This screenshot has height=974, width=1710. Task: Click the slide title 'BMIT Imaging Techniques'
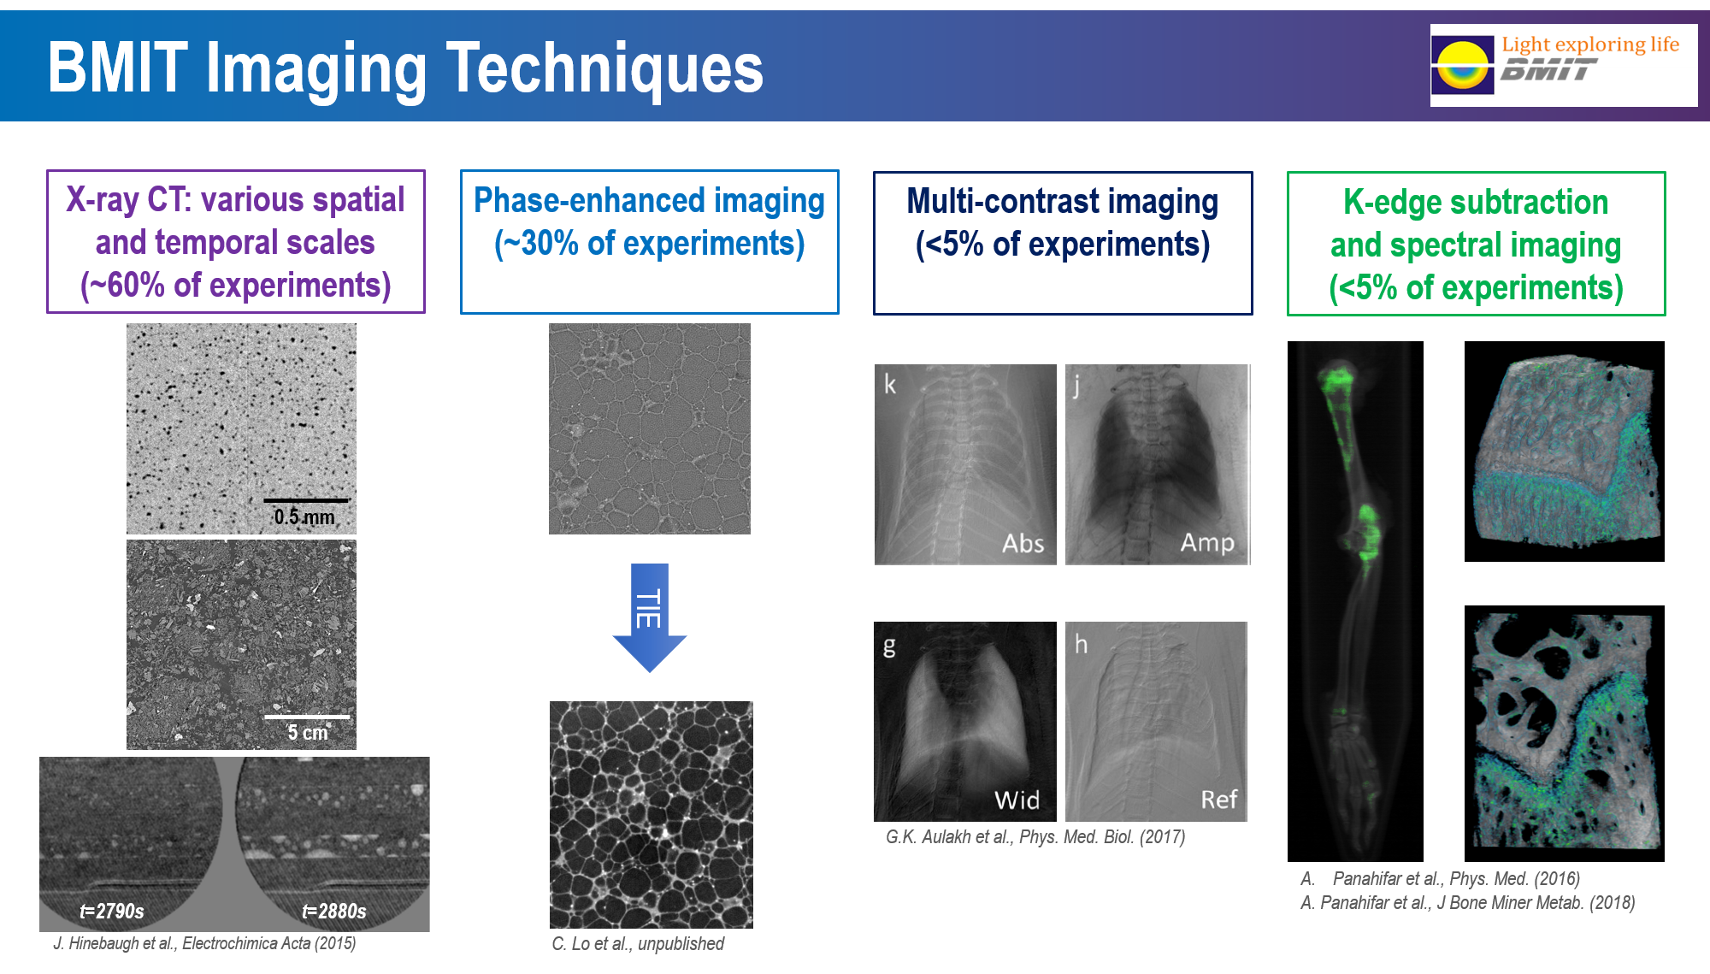(x=405, y=68)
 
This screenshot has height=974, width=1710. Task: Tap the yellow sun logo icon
(x=1463, y=65)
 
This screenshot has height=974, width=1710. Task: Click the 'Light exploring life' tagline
(x=1590, y=44)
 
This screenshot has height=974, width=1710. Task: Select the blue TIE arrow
(x=650, y=617)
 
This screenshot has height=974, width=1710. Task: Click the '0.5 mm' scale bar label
(x=304, y=517)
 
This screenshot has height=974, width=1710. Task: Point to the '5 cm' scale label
(x=308, y=733)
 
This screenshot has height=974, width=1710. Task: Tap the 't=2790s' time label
(x=112, y=912)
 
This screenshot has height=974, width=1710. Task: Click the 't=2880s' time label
(x=334, y=912)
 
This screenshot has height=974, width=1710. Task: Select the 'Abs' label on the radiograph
(x=1023, y=544)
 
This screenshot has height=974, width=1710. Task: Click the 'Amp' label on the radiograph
(x=1207, y=543)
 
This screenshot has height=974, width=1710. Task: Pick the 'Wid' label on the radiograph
(x=1017, y=800)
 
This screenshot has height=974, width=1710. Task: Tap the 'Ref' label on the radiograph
(x=1218, y=800)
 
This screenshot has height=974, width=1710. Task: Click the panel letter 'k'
(x=890, y=385)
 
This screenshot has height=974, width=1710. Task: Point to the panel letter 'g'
(x=889, y=645)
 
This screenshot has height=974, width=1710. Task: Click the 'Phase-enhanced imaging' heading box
(x=650, y=242)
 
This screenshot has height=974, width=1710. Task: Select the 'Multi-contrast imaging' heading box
(x=1063, y=243)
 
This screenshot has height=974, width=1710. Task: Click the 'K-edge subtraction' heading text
(x=1476, y=203)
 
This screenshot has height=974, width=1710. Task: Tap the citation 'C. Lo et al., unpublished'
(x=638, y=943)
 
